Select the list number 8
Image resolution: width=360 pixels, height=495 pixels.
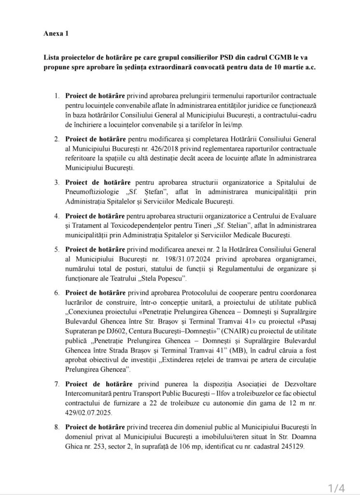[x=57, y=427]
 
